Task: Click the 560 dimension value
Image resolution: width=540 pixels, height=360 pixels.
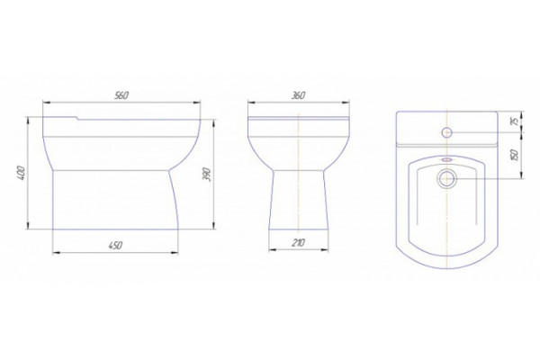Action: pyautogui.click(x=121, y=95)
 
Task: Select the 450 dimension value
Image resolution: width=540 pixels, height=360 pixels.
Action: pyautogui.click(x=115, y=246)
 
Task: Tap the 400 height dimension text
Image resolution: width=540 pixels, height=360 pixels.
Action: pyautogui.click(x=21, y=173)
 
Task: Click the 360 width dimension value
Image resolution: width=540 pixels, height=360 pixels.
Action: pyautogui.click(x=298, y=95)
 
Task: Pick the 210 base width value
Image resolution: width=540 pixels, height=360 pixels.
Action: pyautogui.click(x=298, y=243)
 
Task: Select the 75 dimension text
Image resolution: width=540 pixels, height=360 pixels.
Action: pyautogui.click(x=515, y=121)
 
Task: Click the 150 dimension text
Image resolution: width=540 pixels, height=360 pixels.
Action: pyautogui.click(x=515, y=156)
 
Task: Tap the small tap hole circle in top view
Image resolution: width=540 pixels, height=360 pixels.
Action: pyautogui.click(x=446, y=132)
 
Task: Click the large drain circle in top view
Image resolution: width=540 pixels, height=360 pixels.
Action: pyautogui.click(x=446, y=179)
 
